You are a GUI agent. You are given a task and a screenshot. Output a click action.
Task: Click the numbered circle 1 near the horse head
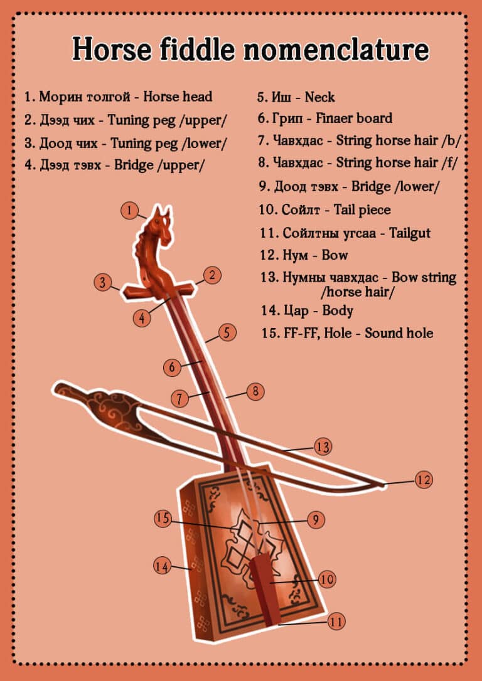pyautogui.click(x=129, y=211)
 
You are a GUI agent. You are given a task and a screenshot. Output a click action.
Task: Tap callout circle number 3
pyautogui.click(x=103, y=282)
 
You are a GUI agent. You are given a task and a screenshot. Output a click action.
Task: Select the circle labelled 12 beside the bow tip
pyautogui.click(x=424, y=480)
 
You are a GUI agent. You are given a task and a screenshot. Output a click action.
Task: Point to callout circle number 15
pyautogui.click(x=163, y=519)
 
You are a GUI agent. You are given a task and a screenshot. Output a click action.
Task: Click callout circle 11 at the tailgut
pyautogui.click(x=336, y=621)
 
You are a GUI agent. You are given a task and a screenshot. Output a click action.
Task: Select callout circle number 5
pyautogui.click(x=227, y=332)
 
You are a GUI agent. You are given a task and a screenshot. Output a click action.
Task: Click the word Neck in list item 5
pyautogui.click(x=319, y=97)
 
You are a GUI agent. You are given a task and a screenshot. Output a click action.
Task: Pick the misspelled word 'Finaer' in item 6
pyautogui.click(x=336, y=118)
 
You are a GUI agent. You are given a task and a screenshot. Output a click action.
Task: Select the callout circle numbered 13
pyautogui.click(x=323, y=447)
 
